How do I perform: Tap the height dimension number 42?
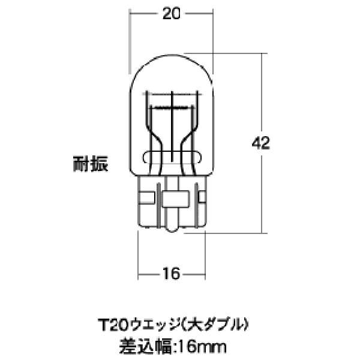261,143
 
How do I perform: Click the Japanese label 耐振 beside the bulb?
91,163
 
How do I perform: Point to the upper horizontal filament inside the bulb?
172,106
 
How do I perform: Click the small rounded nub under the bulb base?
172,227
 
